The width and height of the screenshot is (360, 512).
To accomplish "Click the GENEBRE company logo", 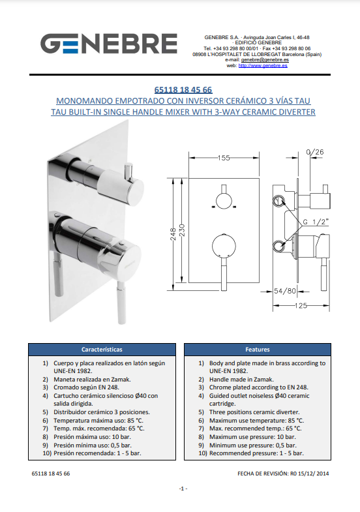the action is coord(109,44).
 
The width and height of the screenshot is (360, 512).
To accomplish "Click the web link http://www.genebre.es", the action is coord(263,66).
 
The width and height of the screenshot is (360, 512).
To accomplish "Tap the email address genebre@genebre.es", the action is coord(265,60).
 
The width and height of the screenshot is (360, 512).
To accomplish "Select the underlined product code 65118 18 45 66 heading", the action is coord(183,90).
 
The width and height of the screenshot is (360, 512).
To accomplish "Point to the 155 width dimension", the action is coord(224,158).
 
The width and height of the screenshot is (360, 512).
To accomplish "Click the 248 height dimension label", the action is coord(173,234).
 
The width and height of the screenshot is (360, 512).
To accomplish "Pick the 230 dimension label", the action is coord(182,230).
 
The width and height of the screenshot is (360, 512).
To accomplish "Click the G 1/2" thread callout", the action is coord(315,222).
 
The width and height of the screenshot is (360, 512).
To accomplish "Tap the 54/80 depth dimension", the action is coord(285,291).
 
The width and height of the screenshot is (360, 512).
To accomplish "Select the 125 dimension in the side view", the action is coord(301,306).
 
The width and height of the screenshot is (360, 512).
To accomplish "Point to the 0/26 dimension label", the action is coord(315,152).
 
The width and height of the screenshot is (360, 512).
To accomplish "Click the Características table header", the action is coord(102,350).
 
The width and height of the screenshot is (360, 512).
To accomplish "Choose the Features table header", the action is coord(258,350).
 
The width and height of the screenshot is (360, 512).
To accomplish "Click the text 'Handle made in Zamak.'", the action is coord(241,380).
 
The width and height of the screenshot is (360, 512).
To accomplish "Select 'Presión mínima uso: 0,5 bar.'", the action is coord(93,445).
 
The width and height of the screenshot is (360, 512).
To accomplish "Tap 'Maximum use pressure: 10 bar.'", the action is coord(252,437).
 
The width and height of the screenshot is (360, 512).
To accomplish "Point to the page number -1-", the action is coord(183,489).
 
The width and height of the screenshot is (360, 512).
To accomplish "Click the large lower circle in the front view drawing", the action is coord(224,246).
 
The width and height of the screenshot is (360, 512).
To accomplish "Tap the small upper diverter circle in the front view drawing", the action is coord(224,201).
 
